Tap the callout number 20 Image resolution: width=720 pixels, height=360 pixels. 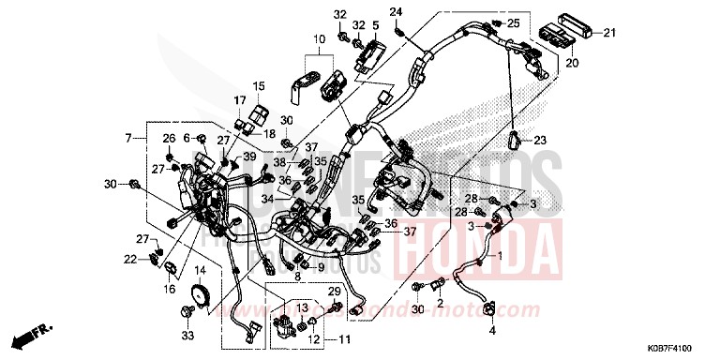[x=573, y=64]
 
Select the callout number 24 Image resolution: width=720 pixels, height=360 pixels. [x=397, y=12]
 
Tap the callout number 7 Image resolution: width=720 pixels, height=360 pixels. [x=128, y=139]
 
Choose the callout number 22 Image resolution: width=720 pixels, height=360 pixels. [x=129, y=258]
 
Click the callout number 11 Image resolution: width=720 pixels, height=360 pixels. [x=344, y=338]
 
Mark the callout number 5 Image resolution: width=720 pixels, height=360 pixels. [x=376, y=25]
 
